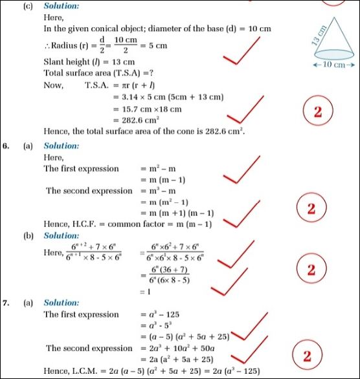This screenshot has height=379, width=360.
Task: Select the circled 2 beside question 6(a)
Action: click(x=311, y=209)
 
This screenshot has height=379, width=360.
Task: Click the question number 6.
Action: click(x=6, y=146)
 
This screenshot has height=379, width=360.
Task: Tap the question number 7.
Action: click(x=6, y=303)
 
